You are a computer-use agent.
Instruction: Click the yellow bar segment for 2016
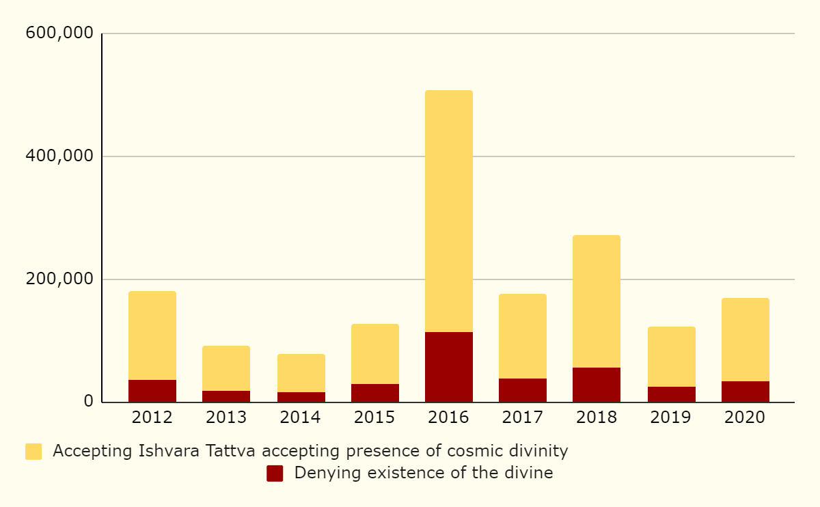[448, 211]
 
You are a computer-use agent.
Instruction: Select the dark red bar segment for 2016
[448, 367]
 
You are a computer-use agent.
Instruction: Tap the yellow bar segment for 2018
[596, 301]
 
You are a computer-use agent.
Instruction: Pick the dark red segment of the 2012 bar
[152, 391]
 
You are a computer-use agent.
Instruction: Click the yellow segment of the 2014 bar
[301, 373]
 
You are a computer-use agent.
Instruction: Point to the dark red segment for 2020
[745, 392]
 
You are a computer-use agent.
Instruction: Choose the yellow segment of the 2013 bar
[226, 368]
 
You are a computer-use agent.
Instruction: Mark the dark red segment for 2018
[596, 385]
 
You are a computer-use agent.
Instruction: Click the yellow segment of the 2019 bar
[671, 357]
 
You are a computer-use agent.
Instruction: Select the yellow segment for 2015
[374, 354]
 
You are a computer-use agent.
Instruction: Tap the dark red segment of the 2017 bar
[522, 390]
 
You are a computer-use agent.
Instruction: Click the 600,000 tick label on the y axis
[59, 33]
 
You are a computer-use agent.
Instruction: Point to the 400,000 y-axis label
[59, 156]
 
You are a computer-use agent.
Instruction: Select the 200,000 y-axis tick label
[59, 279]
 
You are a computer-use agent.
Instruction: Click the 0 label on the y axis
[89, 402]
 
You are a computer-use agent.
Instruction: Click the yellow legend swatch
[33, 452]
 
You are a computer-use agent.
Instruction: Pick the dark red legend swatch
[275, 474]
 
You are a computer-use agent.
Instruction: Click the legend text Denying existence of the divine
[424, 473]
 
